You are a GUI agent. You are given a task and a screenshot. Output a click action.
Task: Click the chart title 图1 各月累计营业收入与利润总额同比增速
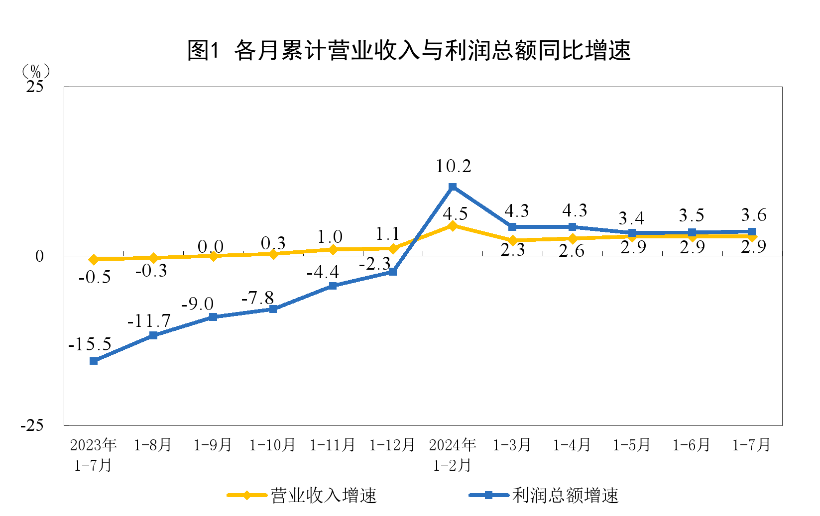409,50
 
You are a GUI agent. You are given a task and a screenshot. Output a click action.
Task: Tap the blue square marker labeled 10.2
453,187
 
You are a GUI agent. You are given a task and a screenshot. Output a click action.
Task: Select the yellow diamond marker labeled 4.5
453,226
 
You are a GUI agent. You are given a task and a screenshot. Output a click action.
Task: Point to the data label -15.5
90,344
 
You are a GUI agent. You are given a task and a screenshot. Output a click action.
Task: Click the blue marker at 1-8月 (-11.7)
153,335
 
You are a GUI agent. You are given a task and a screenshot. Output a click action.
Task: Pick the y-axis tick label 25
35,87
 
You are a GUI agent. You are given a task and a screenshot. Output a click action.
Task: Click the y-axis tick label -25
32,425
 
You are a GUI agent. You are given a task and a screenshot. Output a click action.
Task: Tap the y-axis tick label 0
39,256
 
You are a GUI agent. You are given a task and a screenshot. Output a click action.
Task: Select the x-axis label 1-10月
272,445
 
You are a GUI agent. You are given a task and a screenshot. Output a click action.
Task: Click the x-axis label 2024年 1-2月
453,455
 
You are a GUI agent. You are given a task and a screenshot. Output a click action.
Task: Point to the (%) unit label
35,71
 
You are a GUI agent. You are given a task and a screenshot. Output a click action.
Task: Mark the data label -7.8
257,298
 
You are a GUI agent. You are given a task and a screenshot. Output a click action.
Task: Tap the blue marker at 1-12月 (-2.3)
393,272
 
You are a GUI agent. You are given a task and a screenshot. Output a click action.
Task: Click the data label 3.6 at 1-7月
753,215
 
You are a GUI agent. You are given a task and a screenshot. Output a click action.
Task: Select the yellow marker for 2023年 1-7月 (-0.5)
94,259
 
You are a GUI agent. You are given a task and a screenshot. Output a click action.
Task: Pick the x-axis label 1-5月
632,445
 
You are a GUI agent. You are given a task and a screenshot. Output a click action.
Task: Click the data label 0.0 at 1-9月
210,246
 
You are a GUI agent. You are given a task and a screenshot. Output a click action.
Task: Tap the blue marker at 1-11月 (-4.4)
333,286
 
